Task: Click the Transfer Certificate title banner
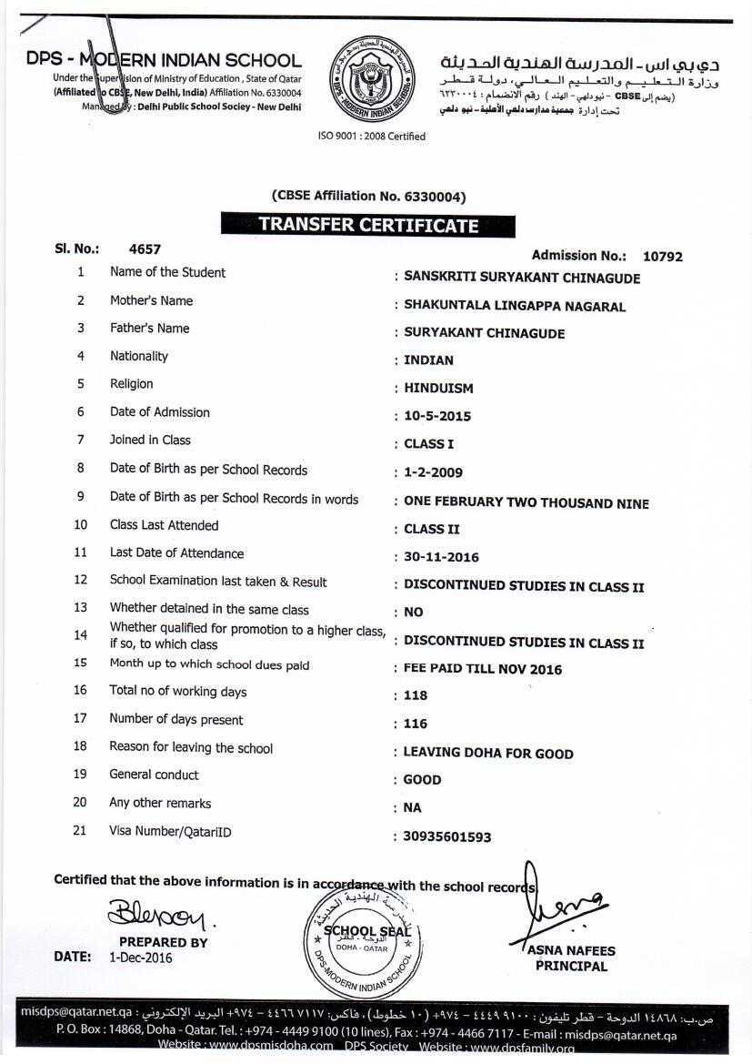pos(367,224)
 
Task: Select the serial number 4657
pos(145,248)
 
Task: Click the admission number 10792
pos(662,257)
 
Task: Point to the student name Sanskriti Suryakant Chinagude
pos(522,278)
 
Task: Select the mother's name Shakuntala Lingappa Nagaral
pos(515,306)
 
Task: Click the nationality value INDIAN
pos(428,360)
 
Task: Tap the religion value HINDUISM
pos(438,388)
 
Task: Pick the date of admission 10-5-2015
pos(437,416)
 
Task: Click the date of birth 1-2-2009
pos(433,472)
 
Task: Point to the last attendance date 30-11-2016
pos(441,557)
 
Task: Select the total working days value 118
pos(416,695)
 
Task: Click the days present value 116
pos(416,724)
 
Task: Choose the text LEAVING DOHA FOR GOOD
pos(488,754)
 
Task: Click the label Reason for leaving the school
pos(191,747)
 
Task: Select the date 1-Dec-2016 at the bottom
pos(140,958)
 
